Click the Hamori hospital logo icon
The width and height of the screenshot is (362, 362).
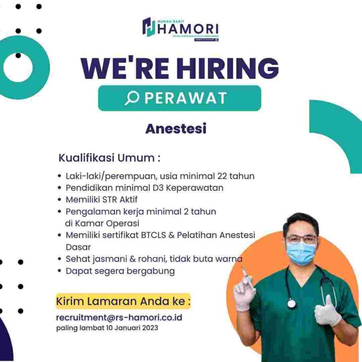coord(149,28)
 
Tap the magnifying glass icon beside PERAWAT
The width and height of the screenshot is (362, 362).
coord(132,98)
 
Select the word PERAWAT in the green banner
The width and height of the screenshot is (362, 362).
coord(186,98)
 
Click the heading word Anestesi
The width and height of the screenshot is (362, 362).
coord(176,129)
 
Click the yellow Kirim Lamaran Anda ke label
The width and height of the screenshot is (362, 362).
coord(123,301)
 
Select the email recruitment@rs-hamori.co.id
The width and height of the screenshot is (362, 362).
coord(119,317)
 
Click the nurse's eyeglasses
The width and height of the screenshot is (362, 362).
coord(301,239)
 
